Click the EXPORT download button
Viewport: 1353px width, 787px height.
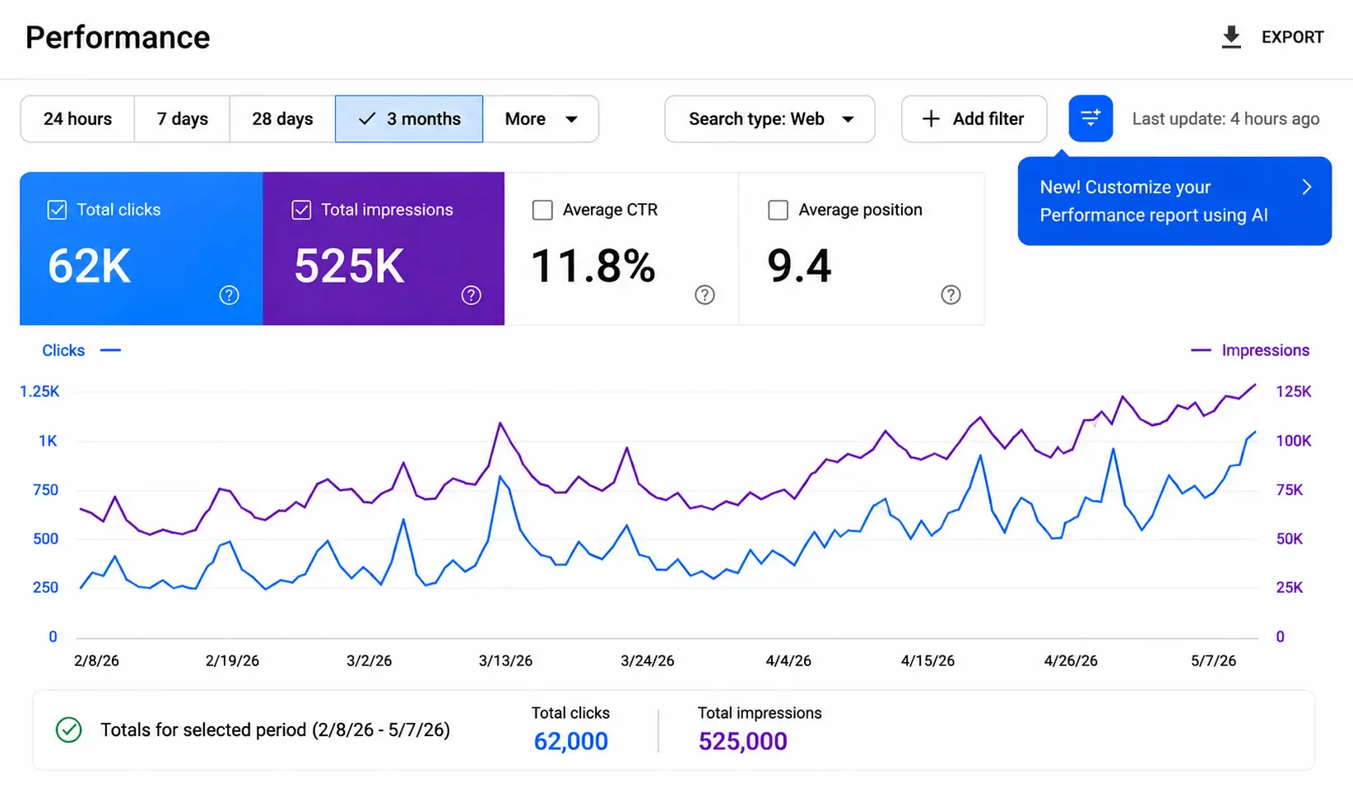[1272, 37]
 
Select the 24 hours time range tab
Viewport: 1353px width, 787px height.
[77, 119]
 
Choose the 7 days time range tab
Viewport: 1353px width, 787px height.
[182, 119]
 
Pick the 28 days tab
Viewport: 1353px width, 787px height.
[282, 119]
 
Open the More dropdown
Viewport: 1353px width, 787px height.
[541, 119]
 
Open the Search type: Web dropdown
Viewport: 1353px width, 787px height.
[769, 119]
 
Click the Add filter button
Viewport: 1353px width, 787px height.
[974, 119]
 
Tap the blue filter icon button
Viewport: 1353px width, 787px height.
[1090, 118]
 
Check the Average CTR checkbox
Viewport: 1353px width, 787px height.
[542, 210]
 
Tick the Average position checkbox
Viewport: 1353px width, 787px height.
[778, 210]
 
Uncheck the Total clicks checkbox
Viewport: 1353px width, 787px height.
[57, 210]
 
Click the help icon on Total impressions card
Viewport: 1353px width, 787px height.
[471, 295]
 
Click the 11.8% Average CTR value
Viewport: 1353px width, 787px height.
[593, 266]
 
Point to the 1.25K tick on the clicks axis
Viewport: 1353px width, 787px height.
[40, 391]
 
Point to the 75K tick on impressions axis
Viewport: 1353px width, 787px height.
[1289, 489]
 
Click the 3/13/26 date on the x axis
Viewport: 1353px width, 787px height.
[505, 661]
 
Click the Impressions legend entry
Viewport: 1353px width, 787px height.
[1249, 350]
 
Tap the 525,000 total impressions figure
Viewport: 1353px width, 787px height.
[742, 741]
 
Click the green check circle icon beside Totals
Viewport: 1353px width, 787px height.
[69, 729]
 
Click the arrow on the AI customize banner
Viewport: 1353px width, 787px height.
[1307, 187]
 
